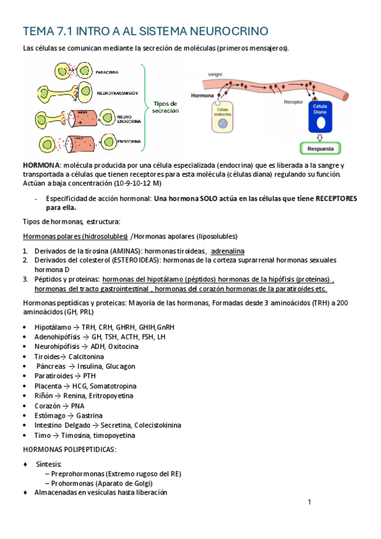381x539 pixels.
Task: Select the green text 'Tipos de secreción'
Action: click(x=165, y=106)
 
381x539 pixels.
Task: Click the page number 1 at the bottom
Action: click(x=309, y=502)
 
